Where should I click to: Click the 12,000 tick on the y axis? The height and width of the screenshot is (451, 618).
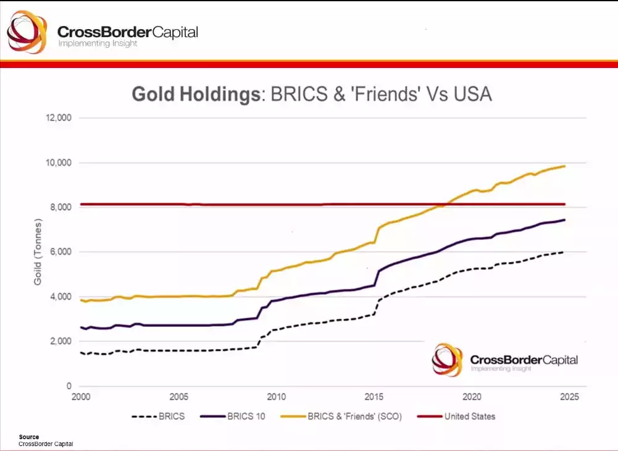(59, 118)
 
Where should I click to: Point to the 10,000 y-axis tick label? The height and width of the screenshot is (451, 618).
(59, 162)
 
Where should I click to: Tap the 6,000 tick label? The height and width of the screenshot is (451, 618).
(61, 252)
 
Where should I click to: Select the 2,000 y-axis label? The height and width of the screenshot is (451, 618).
(61, 342)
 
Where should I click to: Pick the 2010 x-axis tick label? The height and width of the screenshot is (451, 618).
(276, 397)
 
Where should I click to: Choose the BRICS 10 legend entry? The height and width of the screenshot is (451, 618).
(233, 416)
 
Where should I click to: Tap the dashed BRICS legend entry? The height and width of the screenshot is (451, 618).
(158, 416)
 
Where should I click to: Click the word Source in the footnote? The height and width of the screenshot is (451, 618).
(28, 437)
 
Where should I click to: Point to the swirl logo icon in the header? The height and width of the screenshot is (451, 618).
(27, 32)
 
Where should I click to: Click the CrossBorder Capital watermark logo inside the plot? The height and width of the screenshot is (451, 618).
(505, 360)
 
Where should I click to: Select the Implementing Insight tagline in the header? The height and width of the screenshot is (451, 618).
(98, 44)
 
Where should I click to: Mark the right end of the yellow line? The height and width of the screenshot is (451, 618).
(564, 166)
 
